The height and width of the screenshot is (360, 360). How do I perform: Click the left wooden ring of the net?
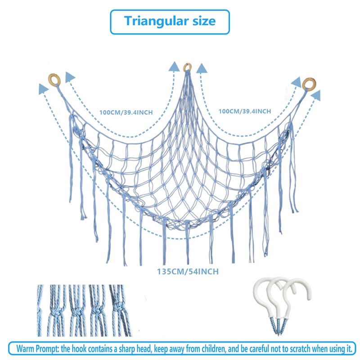[x=54, y=80]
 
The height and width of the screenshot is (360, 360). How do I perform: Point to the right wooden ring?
[x=309, y=84]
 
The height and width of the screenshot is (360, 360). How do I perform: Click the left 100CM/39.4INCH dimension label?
[x=126, y=112]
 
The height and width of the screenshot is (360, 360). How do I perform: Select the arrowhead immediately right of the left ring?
[x=70, y=77]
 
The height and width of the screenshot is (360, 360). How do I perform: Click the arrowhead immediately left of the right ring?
[x=296, y=82]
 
